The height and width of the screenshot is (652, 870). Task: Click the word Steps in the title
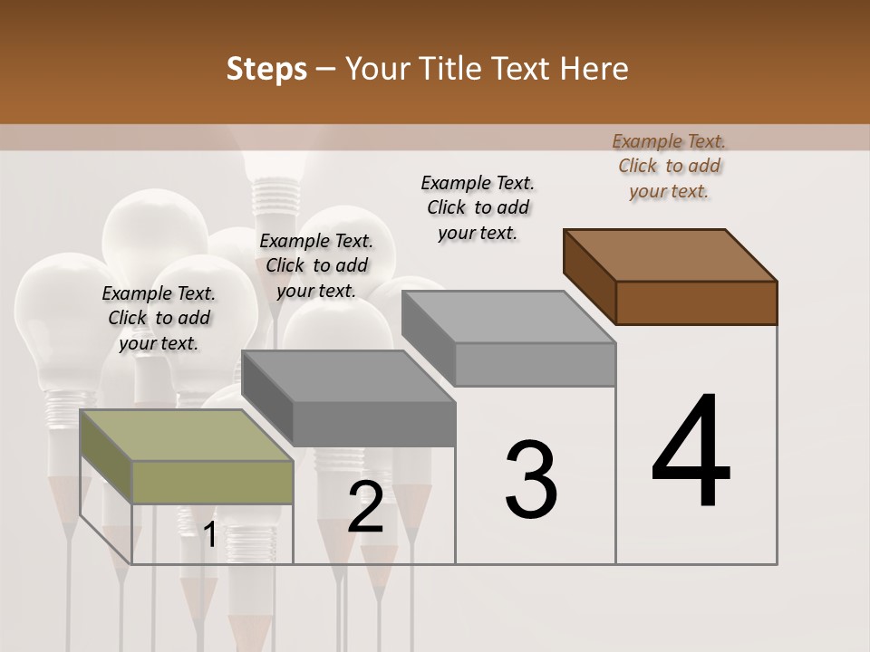point(266,69)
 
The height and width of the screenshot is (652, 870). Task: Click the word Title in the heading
point(452,69)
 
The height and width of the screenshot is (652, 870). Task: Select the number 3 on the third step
point(531,479)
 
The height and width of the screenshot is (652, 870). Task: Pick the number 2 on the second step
point(366,507)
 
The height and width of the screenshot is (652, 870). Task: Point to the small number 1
point(210,535)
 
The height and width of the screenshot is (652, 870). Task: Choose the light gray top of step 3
point(508,316)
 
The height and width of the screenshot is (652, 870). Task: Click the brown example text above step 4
point(669,166)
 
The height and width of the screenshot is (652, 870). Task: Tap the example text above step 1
point(159,318)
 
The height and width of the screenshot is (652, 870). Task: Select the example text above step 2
point(316,265)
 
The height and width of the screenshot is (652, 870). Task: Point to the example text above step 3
point(478,207)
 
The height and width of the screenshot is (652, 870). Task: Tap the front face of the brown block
point(696,302)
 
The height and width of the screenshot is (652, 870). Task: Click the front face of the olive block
point(212,482)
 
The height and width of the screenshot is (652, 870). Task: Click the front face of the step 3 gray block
point(535,364)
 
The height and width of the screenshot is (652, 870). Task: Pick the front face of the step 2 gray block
point(374,424)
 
